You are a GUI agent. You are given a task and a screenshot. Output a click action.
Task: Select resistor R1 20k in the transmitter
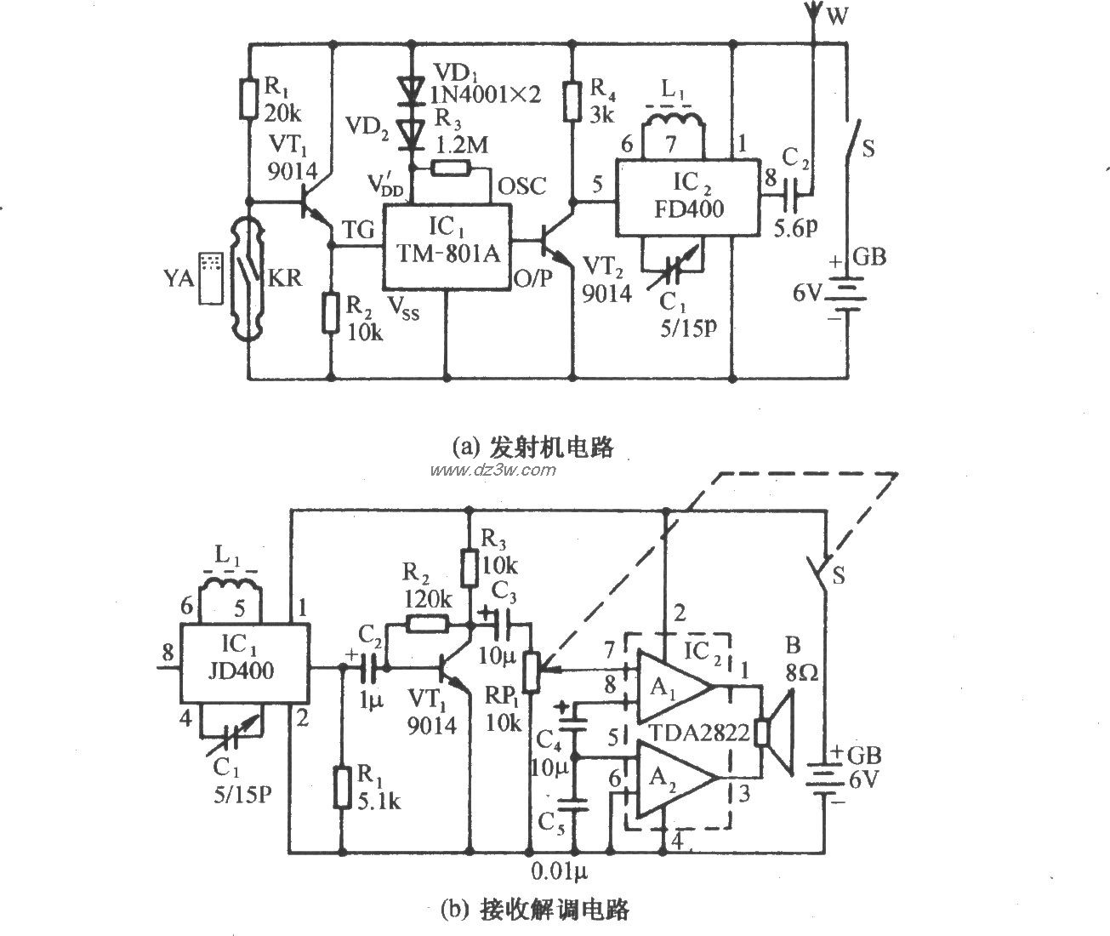click(x=248, y=98)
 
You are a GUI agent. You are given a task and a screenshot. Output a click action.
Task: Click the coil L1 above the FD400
click(x=673, y=123)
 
